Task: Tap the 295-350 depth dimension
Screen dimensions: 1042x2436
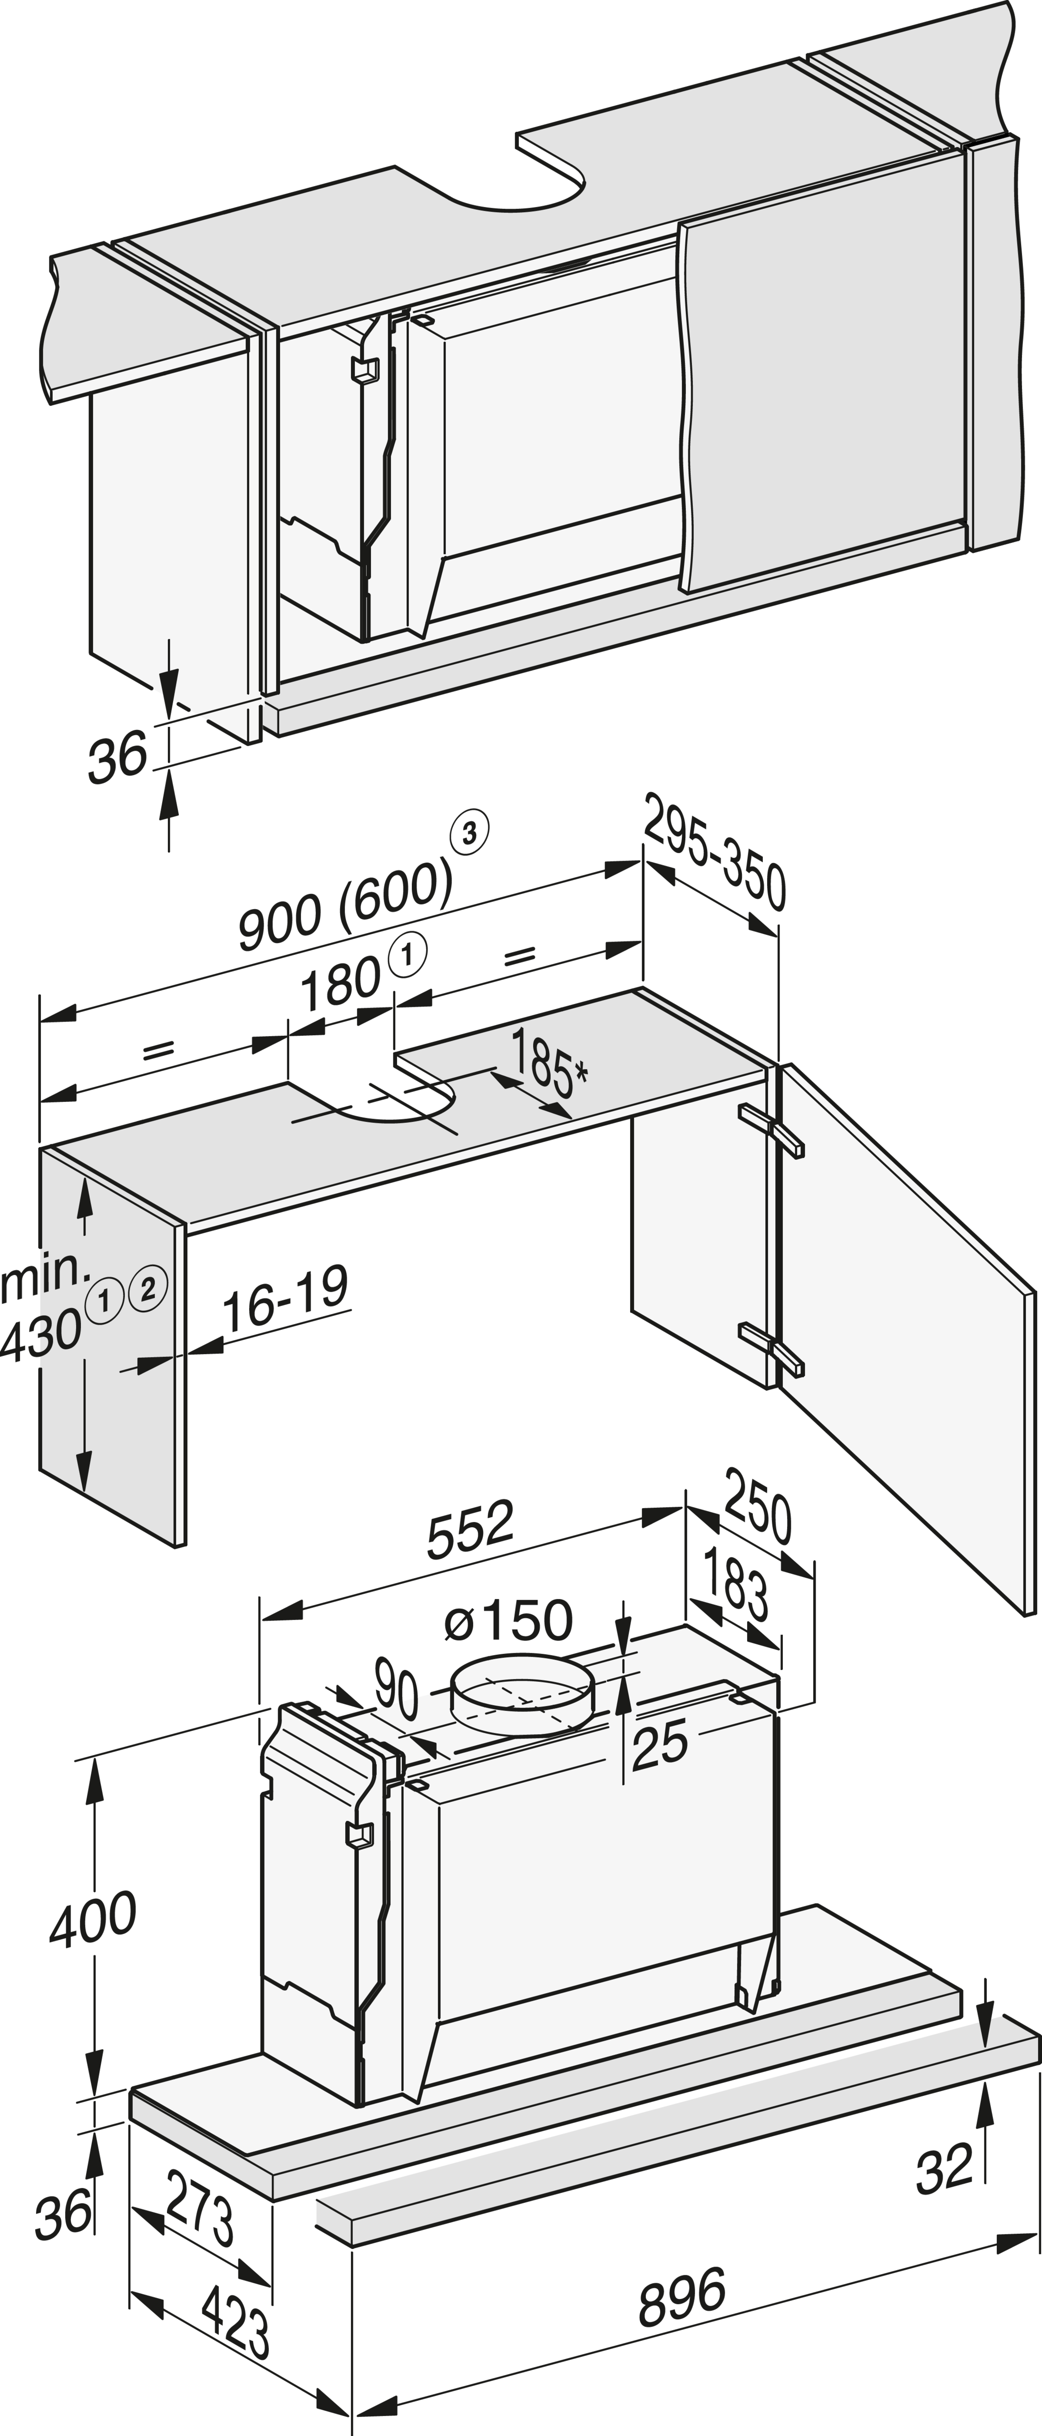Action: pos(714,854)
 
